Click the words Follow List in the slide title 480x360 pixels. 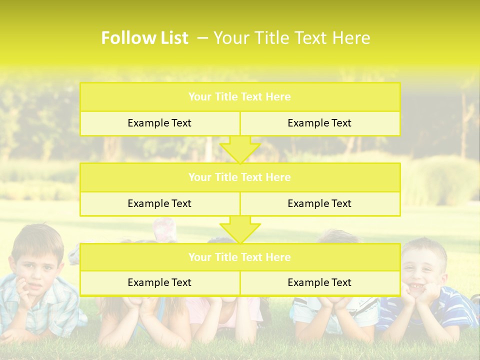coord(144,38)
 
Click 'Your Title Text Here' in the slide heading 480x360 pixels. coord(291,38)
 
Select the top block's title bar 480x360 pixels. coord(239,97)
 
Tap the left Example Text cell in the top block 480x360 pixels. coord(159,123)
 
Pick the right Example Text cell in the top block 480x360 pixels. coord(319,123)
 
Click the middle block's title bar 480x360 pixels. coord(239,177)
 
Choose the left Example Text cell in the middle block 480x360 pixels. coord(159,203)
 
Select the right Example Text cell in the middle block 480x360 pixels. coord(319,203)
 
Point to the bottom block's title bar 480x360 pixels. coord(239,257)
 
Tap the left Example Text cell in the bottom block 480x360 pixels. coord(159,282)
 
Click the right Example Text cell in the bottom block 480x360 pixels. coord(319,282)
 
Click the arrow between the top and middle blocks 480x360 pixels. coord(240,149)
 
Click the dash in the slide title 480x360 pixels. coord(202,38)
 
